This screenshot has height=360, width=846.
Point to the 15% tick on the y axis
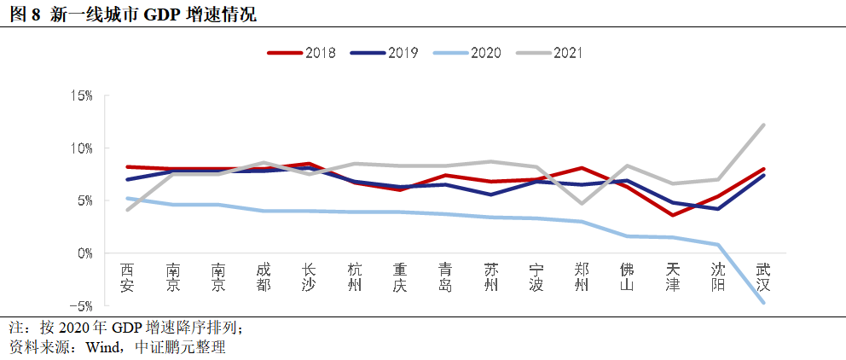click(x=82, y=96)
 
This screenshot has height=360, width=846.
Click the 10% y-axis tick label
click(x=82, y=148)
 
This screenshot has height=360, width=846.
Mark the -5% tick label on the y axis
click(x=83, y=305)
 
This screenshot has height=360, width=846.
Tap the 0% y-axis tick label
click(x=85, y=253)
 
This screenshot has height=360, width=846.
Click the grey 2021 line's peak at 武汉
click(x=762, y=125)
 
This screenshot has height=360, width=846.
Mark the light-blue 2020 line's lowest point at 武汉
click(x=762, y=302)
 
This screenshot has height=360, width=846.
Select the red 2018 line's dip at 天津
click(x=672, y=215)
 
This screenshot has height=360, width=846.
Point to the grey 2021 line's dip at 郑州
click(x=581, y=204)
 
